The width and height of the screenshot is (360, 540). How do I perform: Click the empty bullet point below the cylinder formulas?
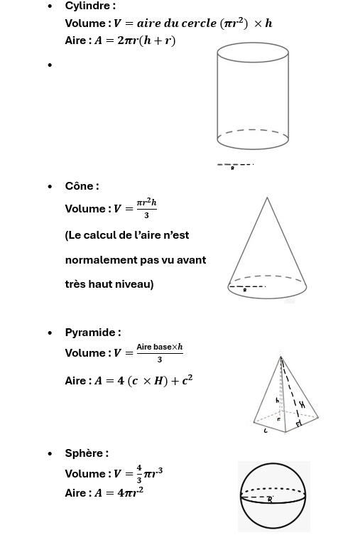[x=50, y=65]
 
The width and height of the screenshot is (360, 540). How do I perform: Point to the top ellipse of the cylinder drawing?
[x=253, y=53]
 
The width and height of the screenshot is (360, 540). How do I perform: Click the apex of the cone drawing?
[x=267, y=198]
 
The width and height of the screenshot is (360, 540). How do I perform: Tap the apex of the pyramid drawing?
[x=280, y=357]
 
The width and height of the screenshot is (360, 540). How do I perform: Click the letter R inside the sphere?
[x=270, y=499]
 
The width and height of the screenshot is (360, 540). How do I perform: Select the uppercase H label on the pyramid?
[x=302, y=405]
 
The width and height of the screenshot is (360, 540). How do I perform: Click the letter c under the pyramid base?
[x=266, y=431]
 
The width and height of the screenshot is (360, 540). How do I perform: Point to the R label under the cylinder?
[x=232, y=168]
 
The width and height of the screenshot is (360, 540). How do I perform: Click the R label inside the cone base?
[x=245, y=291]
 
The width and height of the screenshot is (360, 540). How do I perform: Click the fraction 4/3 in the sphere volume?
[x=139, y=474]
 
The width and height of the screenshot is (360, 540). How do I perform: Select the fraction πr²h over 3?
[x=146, y=208]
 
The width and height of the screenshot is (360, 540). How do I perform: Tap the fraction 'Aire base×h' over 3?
[x=160, y=352]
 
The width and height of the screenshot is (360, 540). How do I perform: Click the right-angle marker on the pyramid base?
[x=298, y=423]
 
